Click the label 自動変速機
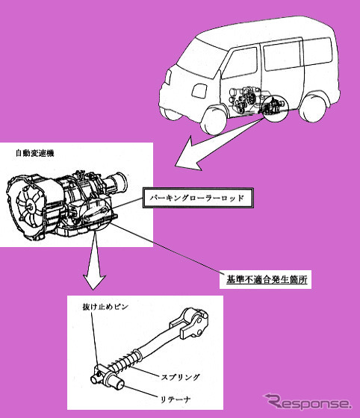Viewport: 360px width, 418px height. [x=35, y=153]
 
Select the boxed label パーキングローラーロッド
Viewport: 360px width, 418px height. [x=198, y=198]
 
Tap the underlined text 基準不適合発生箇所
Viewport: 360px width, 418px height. [x=267, y=280]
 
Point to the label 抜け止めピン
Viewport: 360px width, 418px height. [x=105, y=307]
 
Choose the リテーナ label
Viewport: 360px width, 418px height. [x=176, y=399]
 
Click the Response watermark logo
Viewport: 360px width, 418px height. [x=307, y=402]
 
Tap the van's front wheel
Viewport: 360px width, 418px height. [x=214, y=120]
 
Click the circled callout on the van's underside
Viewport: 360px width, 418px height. [x=276, y=108]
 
